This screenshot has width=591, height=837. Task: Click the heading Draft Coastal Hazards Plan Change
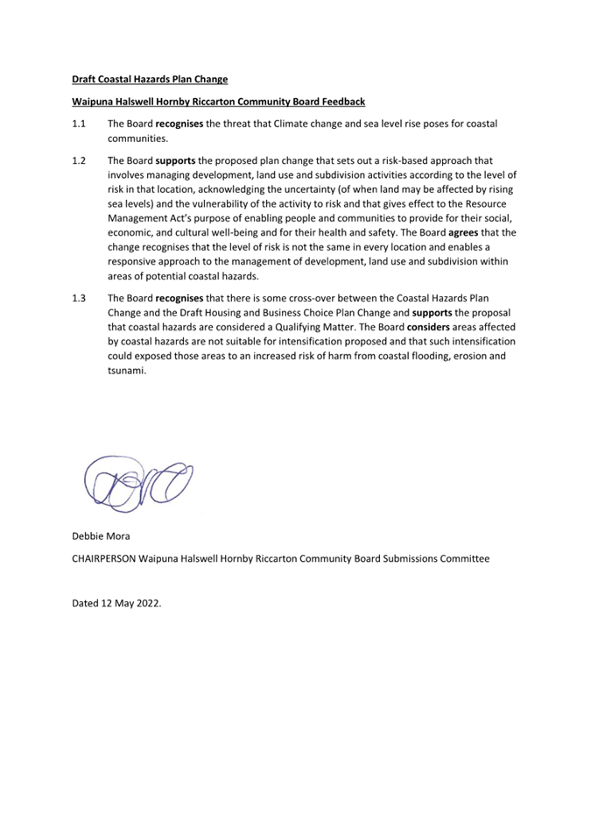pyautogui.click(x=149, y=79)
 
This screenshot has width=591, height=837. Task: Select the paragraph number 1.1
pyautogui.click(x=79, y=124)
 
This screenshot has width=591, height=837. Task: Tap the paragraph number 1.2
pyautogui.click(x=79, y=161)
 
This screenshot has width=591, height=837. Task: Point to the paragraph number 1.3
pyautogui.click(x=79, y=299)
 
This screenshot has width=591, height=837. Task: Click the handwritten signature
pyautogui.click(x=137, y=482)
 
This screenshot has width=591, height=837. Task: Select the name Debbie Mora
pyautogui.click(x=101, y=535)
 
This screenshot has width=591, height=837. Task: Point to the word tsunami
pyautogui.click(x=128, y=371)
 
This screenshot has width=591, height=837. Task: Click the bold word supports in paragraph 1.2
pyautogui.click(x=175, y=161)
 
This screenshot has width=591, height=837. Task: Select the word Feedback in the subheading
pyautogui.click(x=341, y=102)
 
